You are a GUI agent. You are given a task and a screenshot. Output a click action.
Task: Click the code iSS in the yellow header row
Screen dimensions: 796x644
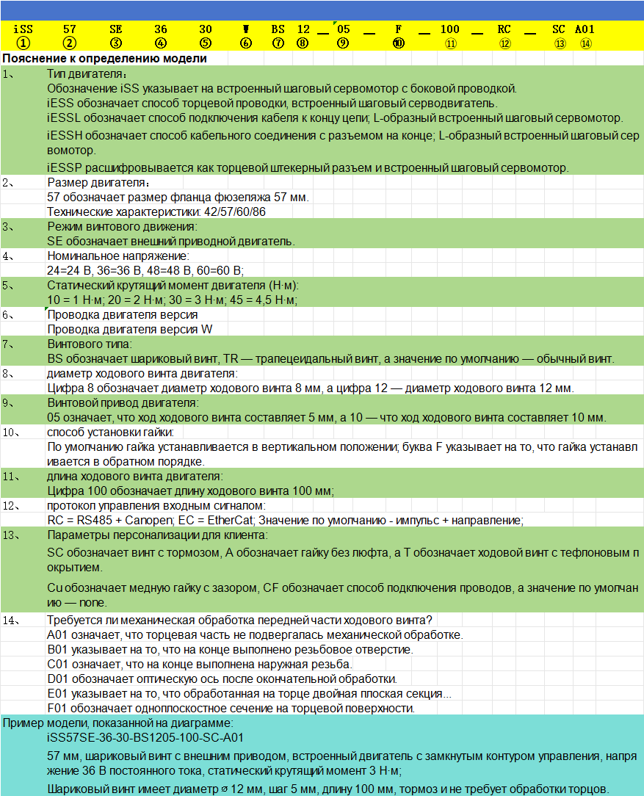click(23, 29)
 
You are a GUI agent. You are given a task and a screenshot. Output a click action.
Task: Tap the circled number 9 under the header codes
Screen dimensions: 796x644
click(343, 43)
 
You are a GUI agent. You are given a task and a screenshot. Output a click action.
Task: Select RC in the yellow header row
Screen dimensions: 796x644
click(504, 29)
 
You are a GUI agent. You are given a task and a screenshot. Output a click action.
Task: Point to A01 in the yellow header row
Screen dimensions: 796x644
click(585, 29)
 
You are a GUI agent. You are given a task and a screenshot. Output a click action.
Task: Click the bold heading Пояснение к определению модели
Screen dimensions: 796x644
click(104, 58)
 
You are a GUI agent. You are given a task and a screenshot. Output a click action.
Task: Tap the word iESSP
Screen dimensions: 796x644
click(64, 167)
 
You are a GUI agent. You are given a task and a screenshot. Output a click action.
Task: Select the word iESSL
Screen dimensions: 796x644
click(63, 117)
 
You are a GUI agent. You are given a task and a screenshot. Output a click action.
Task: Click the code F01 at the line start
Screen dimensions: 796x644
click(58, 708)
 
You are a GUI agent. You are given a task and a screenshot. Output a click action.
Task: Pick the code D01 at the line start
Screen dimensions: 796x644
click(58, 679)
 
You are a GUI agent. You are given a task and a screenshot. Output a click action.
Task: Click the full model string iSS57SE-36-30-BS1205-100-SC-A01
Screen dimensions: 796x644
click(145, 737)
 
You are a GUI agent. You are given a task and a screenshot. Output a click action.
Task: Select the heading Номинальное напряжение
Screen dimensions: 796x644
click(117, 256)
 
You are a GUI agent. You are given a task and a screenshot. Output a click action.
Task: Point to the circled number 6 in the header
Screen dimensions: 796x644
click(246, 43)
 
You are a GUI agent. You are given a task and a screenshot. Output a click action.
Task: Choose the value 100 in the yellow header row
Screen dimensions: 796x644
click(450, 29)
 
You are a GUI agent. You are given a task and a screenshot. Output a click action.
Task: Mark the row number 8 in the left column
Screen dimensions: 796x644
click(8, 373)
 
